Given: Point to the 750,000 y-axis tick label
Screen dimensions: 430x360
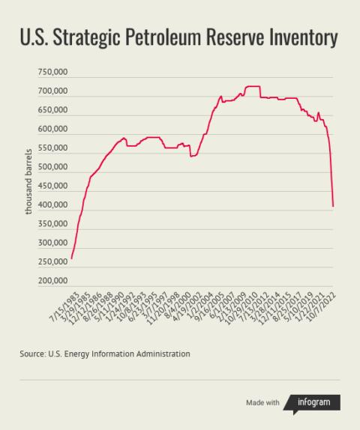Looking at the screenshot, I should pos(52,73).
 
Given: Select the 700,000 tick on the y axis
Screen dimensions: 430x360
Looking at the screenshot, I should pos(52,91).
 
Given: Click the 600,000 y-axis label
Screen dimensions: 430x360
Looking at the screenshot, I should pos(52,130).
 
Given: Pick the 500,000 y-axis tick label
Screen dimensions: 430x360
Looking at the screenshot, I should pos(52,167).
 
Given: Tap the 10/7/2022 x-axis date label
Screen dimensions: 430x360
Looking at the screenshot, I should pos(325,307).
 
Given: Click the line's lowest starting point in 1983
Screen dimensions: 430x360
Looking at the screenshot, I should pos(71,258).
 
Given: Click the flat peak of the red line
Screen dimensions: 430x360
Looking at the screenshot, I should pos(253,87).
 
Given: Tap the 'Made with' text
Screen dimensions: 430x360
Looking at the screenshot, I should pos(262,403).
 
